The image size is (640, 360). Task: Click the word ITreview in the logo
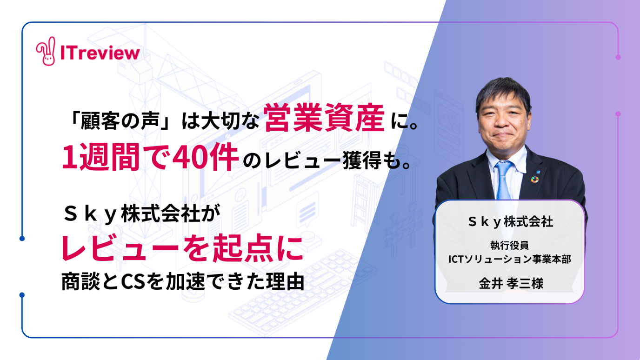pyautogui.click(x=100, y=53)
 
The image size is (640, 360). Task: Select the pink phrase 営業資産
pyautogui.click(x=324, y=118)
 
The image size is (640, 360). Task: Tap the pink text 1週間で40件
pyautogui.click(x=150, y=157)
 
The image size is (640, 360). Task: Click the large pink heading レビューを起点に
pyautogui.click(x=182, y=248)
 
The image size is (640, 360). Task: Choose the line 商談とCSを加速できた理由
pyautogui.click(x=183, y=282)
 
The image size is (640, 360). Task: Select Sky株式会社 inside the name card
pyautogui.click(x=510, y=222)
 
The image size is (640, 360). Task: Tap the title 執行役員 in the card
pyautogui.click(x=509, y=245)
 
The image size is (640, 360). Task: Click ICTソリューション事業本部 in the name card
pyautogui.click(x=509, y=259)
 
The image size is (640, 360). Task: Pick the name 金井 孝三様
pyautogui.click(x=511, y=283)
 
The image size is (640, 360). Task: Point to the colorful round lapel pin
pyautogui.click(x=535, y=180)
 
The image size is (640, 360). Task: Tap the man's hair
pyautogui.click(x=503, y=92)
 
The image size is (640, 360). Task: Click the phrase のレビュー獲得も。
pyautogui.click(x=327, y=160)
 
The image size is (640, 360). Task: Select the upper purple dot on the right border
pyautogui.click(x=618, y=57)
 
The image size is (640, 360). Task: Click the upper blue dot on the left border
pyautogui.click(x=22, y=238)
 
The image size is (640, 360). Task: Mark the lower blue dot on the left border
pyautogui.click(x=22, y=295)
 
